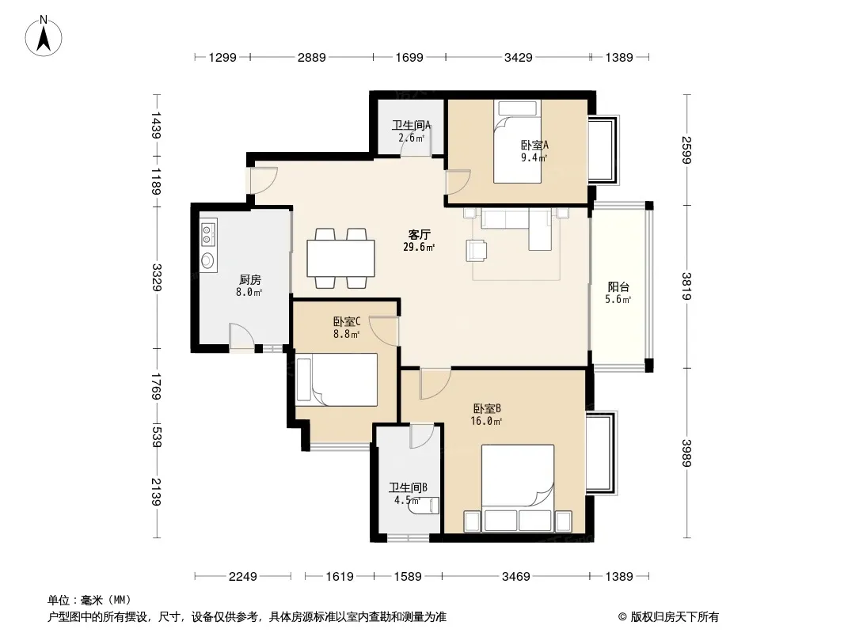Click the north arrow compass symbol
click(x=44, y=36)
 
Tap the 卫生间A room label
click(x=411, y=125)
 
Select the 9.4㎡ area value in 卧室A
click(x=534, y=157)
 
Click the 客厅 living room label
click(x=420, y=234)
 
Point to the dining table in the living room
click(x=340, y=258)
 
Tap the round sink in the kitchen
click(x=207, y=261)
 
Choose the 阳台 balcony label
click(x=618, y=286)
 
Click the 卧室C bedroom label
click(x=347, y=321)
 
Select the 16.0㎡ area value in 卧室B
click(x=486, y=421)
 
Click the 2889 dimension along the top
click(x=312, y=57)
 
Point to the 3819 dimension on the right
click(x=686, y=286)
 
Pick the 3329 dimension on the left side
click(x=157, y=278)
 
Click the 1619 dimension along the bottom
click(x=340, y=577)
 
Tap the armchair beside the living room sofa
click(x=477, y=251)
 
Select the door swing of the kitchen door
click(x=241, y=336)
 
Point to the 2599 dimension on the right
click(x=686, y=150)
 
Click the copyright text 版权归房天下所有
click(x=675, y=617)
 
